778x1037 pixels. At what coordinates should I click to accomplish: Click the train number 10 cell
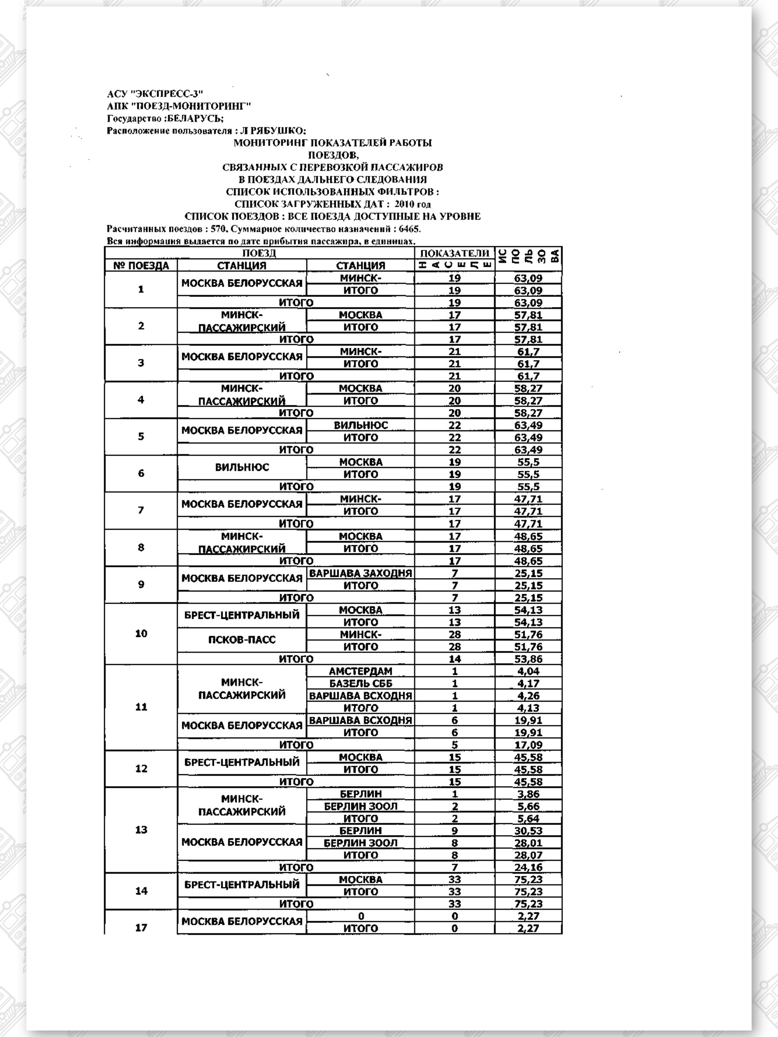pos(141,634)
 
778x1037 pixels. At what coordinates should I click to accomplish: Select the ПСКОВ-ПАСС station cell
pos(242,640)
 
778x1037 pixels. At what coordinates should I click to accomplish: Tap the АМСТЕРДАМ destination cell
pos(360,671)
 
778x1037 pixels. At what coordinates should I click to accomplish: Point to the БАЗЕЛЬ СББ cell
pos(360,683)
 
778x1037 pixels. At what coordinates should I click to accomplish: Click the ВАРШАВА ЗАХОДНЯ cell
pos(360,573)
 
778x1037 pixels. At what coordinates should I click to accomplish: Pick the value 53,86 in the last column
pos(528,658)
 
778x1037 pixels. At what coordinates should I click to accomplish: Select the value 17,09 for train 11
pos(528,744)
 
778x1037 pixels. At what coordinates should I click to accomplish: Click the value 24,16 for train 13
pos(528,867)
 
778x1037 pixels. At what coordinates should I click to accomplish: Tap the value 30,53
pos(528,831)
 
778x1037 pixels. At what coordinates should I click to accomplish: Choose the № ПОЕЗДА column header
pos(141,266)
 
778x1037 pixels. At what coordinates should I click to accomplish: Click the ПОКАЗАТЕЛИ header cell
pos(454,253)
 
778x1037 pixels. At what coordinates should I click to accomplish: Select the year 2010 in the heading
pos(404,204)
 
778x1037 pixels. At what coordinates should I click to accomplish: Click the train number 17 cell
pos(141,928)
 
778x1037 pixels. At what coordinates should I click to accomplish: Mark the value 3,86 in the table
pos(528,794)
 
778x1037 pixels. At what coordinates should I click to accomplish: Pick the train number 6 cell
pos(141,474)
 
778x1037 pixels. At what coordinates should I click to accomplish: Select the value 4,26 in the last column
pos(528,696)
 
